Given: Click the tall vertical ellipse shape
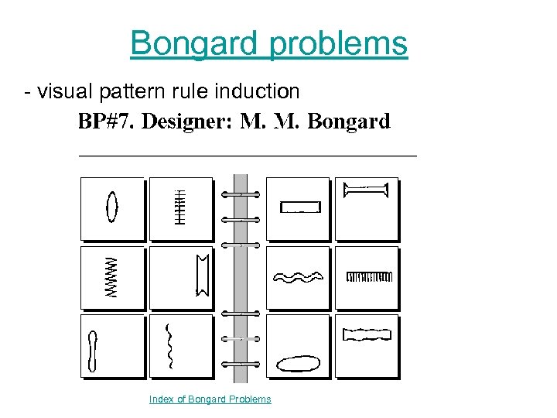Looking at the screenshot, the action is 113,207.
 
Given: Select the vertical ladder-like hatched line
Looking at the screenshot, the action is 181,207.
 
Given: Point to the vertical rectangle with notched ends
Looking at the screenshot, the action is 203,275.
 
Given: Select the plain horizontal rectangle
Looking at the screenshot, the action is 300,207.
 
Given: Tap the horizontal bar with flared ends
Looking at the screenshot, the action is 366,188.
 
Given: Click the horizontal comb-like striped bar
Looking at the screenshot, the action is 370,276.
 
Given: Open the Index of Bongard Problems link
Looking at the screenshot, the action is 210,399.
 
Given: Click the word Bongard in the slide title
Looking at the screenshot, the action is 194,43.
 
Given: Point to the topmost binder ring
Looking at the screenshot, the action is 241,194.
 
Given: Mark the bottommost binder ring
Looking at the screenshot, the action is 241,363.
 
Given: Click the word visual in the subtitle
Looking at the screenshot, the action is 65,91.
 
